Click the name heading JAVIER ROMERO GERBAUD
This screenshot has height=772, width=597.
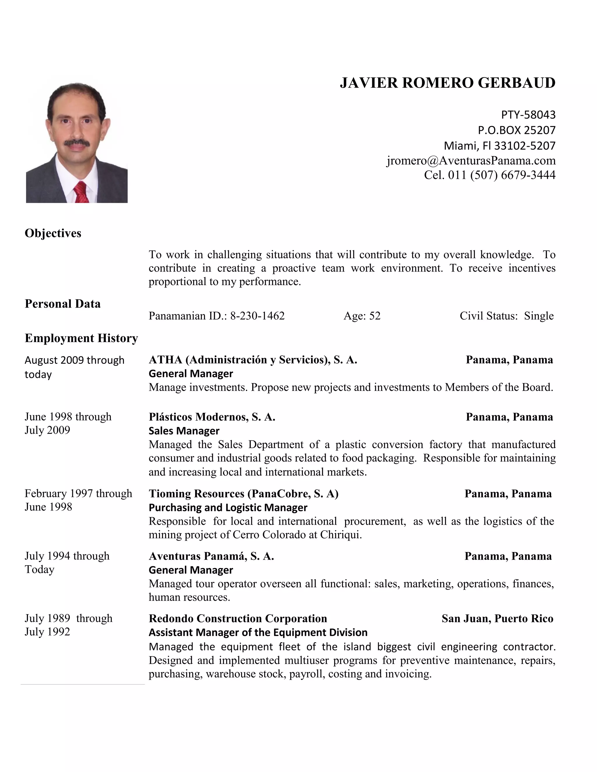point(447,83)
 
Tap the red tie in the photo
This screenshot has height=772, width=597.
point(81,193)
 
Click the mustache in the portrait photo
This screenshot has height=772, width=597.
point(77,143)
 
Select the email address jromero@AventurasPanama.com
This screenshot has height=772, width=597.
point(471,161)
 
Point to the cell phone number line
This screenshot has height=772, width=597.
point(489,175)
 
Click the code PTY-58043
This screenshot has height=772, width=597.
point(528,115)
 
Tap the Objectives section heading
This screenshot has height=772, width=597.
point(53,233)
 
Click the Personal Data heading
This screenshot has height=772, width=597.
point(63,304)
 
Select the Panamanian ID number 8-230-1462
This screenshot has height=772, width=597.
point(257,316)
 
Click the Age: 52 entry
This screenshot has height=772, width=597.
point(362,316)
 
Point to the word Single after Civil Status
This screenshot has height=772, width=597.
point(539,316)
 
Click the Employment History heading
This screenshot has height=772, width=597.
point(81,338)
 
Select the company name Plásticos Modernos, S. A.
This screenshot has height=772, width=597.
point(212,417)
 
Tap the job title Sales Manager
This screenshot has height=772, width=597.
point(184,431)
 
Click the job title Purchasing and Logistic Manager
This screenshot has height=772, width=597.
point(228,507)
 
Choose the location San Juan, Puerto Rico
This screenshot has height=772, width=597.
point(497,618)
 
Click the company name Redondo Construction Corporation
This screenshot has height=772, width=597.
point(238,618)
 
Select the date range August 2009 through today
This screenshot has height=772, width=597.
point(74,367)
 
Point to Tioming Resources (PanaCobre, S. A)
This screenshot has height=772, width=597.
point(243,494)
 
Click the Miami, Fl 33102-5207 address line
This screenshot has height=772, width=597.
point(499,146)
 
